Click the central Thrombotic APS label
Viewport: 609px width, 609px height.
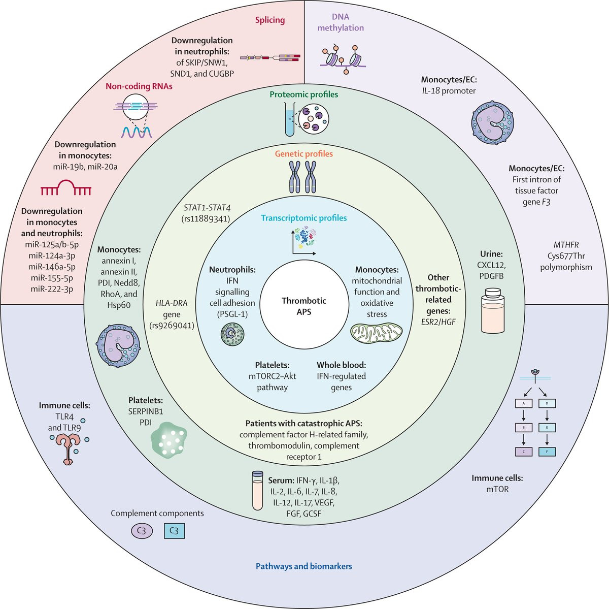304,306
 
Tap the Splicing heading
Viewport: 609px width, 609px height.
269,20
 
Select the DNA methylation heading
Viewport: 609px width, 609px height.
341,22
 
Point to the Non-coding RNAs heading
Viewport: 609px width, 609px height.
139,86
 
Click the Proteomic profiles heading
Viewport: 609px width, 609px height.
303,94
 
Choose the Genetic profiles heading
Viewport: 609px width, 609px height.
303,153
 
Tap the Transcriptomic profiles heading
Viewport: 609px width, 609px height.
303,218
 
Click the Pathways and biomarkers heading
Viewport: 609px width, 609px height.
303,566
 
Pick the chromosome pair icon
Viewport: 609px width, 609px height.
302,177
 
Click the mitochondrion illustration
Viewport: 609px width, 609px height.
376,333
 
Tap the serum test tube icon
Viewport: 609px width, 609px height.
257,491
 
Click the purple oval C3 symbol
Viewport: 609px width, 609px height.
142,531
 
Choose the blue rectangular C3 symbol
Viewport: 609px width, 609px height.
174,531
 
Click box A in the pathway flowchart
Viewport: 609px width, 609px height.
523,403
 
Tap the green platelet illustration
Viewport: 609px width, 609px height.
167,438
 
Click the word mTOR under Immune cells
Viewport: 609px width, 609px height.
497,489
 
